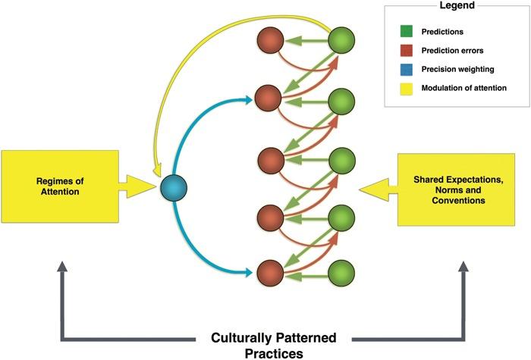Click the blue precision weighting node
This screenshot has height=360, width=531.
(174, 185)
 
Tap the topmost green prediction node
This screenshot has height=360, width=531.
(342, 39)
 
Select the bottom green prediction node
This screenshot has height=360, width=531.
(342, 272)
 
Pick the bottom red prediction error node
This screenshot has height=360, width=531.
(269, 272)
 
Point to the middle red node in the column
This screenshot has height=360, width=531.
(269, 161)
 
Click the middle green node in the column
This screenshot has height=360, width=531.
(342, 161)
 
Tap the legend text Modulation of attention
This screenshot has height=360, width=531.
(465, 89)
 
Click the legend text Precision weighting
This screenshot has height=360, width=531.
(456, 70)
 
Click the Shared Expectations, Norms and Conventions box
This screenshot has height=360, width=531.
(460, 188)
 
